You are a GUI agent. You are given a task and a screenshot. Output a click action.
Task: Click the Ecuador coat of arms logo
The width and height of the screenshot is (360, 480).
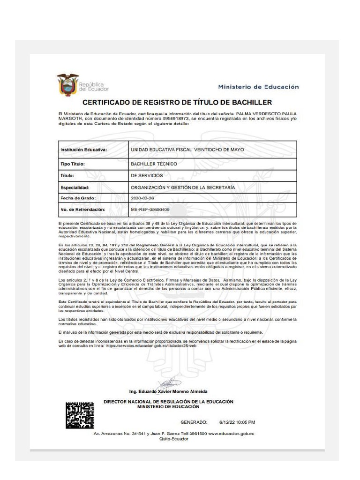pyautogui.click(x=68, y=85)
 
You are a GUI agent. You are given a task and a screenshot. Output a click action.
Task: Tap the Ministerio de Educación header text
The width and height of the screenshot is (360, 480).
pyautogui.click(x=258, y=87)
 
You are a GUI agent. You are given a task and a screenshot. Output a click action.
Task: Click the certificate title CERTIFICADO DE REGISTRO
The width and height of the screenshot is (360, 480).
pyautogui.click(x=177, y=102)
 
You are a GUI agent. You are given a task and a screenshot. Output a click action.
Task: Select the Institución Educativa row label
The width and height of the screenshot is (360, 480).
pyautogui.click(x=84, y=150)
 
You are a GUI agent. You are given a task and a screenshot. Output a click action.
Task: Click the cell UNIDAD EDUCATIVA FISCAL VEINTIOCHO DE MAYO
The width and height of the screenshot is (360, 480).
pyautogui.click(x=187, y=150)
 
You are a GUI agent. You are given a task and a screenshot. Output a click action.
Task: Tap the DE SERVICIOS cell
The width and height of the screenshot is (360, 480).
pyautogui.click(x=147, y=175)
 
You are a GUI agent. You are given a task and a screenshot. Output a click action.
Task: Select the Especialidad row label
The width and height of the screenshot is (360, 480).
pyautogui.click(x=75, y=187)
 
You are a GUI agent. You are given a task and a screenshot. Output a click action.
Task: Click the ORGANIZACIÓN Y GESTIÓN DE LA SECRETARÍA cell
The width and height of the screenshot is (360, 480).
pyautogui.click(x=183, y=187)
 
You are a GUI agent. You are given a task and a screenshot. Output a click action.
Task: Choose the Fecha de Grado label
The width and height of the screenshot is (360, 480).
pyautogui.click(x=78, y=198)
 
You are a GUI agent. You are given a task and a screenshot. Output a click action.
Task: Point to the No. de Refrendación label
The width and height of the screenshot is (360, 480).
pyautogui.click(x=83, y=210)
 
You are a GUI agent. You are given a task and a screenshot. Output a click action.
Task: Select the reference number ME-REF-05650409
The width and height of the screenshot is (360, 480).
pyautogui.click(x=150, y=210)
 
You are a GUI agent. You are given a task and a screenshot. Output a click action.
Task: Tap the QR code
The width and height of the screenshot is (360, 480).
pyautogui.click(x=79, y=415)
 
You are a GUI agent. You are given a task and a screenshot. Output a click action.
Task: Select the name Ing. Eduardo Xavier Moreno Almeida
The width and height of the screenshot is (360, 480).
pyautogui.click(x=168, y=391)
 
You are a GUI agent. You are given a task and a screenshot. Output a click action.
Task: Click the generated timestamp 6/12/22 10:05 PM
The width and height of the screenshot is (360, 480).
pyautogui.click(x=237, y=422)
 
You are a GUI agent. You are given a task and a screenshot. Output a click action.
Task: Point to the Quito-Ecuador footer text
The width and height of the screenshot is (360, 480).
pyautogui.click(x=174, y=439)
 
